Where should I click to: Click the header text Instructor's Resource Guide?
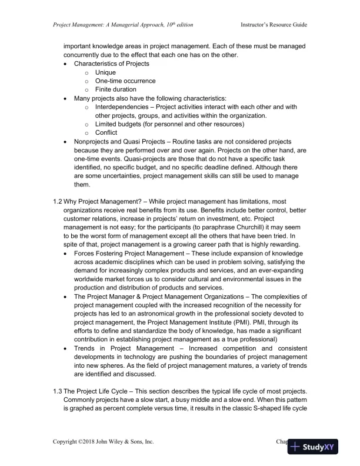click(274, 25)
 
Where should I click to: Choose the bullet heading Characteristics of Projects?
click(111, 63)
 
